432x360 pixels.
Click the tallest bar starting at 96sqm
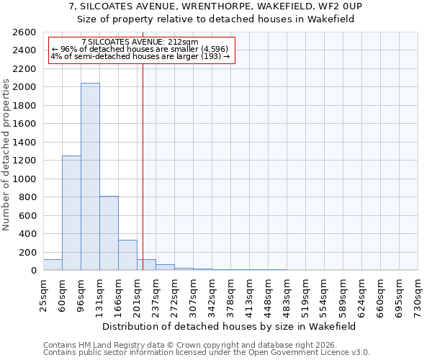pyautogui.click(x=90, y=176)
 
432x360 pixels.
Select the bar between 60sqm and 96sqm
pyautogui.click(x=71, y=213)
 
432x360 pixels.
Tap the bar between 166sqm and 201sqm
pyautogui.click(x=127, y=255)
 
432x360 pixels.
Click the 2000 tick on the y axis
pyautogui.click(x=26, y=87)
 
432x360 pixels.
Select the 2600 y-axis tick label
pyautogui.click(x=26, y=32)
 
